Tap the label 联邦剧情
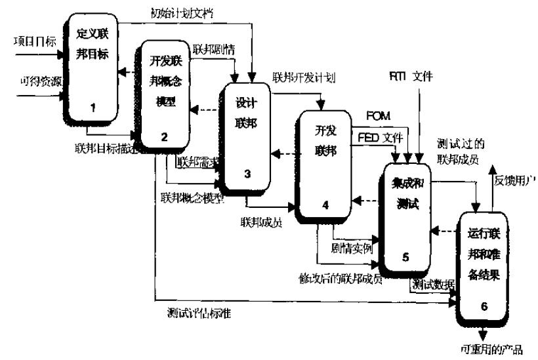pos(211,48)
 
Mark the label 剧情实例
pos(352,249)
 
